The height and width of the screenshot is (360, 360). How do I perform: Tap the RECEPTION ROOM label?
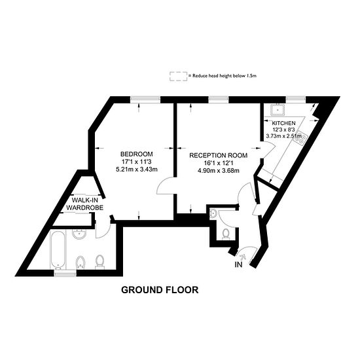(218, 156)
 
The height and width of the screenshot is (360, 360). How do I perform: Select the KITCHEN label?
(284, 123)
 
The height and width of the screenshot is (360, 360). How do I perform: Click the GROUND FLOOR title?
(160, 289)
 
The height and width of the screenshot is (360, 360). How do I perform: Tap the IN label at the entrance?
(238, 265)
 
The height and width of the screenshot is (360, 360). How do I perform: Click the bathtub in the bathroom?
(58, 250)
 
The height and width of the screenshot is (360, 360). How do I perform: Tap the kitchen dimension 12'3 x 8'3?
(284, 130)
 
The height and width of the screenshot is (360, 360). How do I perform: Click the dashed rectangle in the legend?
(177, 76)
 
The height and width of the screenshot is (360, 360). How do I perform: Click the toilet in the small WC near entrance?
(225, 233)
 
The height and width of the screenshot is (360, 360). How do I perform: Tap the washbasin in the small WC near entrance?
(215, 214)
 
